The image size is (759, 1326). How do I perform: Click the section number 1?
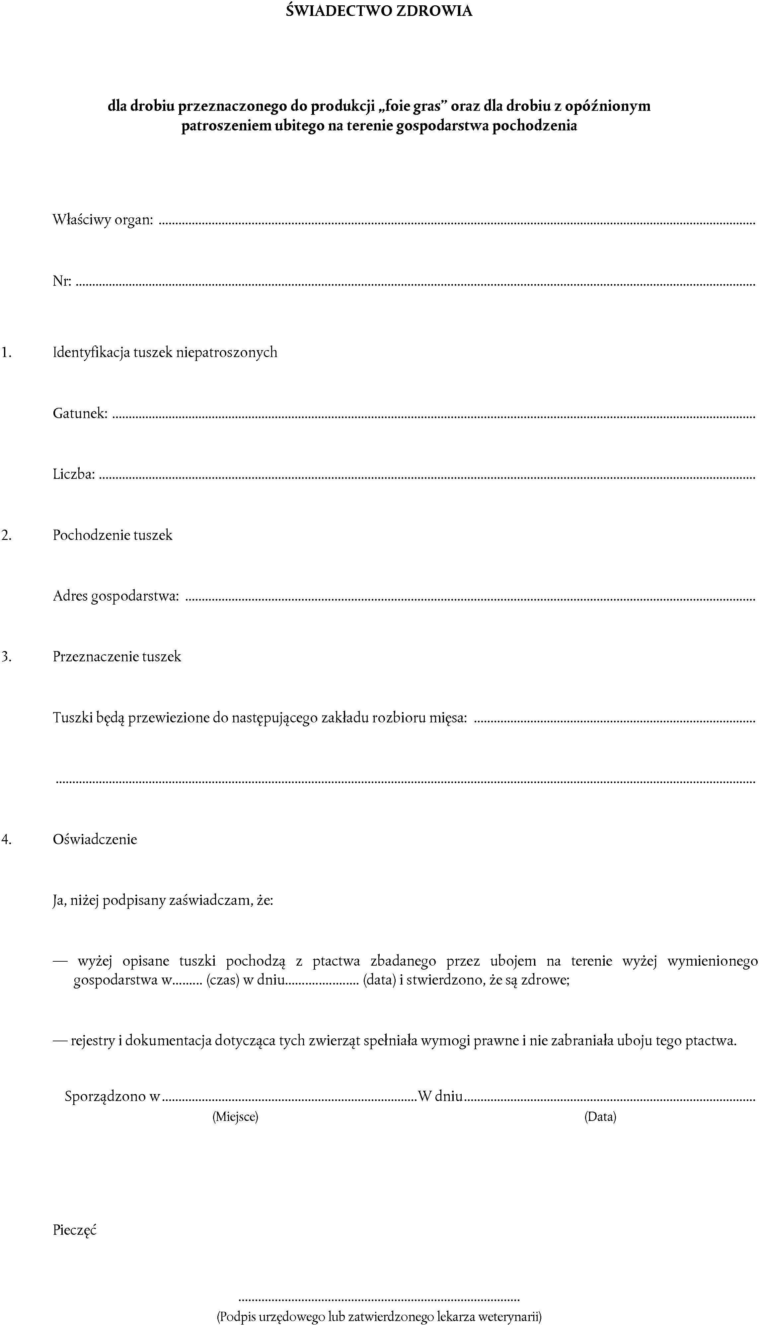point(6,353)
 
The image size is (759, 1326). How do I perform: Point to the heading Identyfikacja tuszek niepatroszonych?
point(165,353)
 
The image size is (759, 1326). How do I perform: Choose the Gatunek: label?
point(80,414)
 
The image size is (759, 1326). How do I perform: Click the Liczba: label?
point(74,474)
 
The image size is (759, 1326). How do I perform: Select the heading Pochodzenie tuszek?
point(113,535)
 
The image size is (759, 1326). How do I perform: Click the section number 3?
point(6,657)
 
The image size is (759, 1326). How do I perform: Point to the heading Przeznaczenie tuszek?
point(117,657)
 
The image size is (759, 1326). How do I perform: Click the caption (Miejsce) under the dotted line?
point(235,1117)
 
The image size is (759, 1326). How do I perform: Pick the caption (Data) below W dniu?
point(600,1117)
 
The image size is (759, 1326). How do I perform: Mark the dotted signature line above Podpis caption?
point(379,1298)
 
